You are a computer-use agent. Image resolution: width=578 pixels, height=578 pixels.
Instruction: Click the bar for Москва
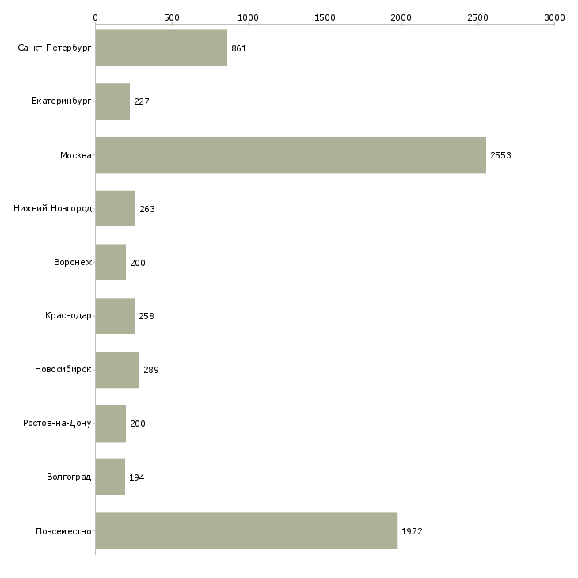point(291,155)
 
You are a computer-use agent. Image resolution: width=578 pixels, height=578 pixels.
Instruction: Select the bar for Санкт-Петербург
point(162,48)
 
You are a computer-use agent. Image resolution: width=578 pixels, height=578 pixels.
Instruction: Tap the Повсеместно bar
point(246,530)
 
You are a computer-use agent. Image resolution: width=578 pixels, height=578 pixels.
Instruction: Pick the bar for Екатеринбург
point(112,101)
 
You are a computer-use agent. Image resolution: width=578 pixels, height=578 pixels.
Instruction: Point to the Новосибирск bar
point(117,370)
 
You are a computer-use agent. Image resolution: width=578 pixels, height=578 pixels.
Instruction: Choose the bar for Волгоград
point(110,477)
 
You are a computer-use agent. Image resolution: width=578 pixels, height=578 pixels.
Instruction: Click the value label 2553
point(500,155)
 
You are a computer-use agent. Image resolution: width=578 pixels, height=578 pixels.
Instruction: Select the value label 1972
point(412,531)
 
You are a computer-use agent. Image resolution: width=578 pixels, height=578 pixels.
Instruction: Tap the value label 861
point(239,48)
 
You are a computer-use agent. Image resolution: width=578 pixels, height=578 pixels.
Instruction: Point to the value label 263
point(147,209)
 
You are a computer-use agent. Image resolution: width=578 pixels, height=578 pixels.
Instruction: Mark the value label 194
point(137,477)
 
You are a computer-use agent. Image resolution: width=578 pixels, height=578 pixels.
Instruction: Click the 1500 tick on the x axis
point(325,17)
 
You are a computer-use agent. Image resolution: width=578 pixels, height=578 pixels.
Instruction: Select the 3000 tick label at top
point(554,17)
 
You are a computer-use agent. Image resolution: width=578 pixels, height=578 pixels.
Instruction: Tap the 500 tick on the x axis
point(172,17)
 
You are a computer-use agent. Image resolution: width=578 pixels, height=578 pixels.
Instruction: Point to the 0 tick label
point(95,17)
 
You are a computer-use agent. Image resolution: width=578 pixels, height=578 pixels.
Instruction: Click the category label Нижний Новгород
point(52,209)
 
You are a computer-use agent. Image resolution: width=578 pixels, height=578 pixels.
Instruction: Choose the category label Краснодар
point(68,316)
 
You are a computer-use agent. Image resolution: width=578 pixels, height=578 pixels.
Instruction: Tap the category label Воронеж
point(72,263)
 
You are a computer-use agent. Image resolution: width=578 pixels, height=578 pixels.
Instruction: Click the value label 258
point(146,316)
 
